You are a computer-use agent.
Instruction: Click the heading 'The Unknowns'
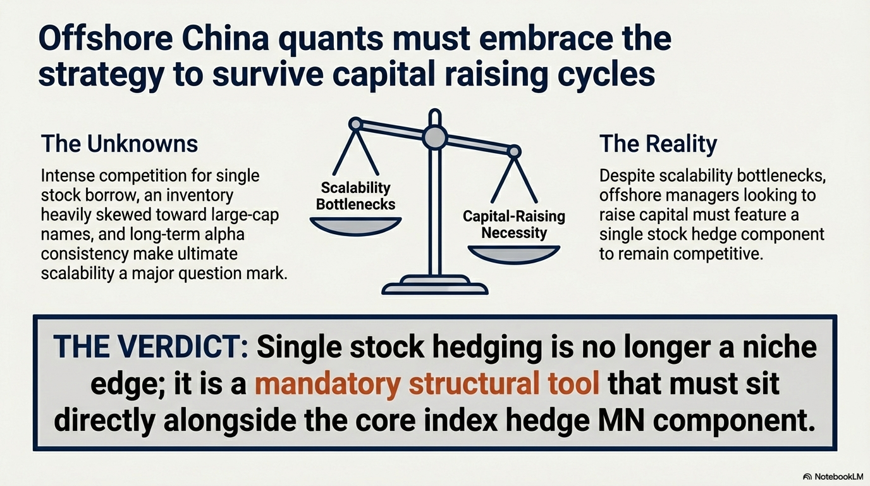[119, 144]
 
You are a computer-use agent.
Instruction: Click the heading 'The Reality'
[658, 144]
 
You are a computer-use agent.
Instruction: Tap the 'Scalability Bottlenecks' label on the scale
[355, 196]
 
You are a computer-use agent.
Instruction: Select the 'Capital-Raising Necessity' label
[514, 225]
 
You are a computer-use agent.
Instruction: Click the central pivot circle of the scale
[435, 137]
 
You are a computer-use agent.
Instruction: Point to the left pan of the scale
[355, 226]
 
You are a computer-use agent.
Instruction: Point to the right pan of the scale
[514, 254]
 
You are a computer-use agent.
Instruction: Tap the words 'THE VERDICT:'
[150, 347]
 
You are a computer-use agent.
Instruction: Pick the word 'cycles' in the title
[606, 75]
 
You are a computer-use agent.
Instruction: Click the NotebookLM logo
[833, 477]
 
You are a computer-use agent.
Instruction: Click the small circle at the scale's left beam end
[355, 124]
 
